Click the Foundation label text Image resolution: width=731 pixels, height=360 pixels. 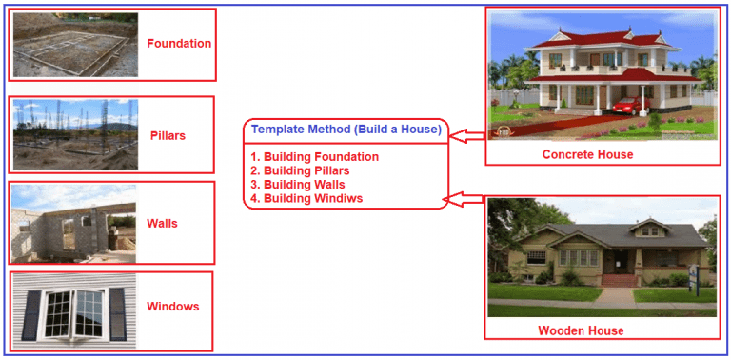tap(179, 43)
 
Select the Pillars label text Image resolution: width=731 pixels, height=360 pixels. tap(168, 135)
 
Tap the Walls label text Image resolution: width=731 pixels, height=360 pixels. tap(162, 223)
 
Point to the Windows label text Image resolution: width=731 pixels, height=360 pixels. tap(172, 306)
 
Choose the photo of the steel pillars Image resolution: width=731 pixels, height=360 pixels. tap(74, 134)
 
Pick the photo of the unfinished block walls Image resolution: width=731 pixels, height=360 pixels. tap(74, 223)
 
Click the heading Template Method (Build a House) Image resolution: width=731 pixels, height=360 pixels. tap(346, 129)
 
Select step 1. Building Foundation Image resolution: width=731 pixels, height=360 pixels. tap(314, 156)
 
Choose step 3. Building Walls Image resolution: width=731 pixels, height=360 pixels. tap(298, 184)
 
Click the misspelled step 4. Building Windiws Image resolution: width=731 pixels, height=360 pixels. tap(306, 198)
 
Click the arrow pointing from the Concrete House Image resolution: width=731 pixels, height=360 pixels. tap(466, 136)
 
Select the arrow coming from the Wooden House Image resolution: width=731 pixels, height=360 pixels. tap(465, 198)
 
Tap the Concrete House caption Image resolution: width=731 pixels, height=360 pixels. tap(587, 154)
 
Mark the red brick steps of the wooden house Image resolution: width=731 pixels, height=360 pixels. tap(617, 280)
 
